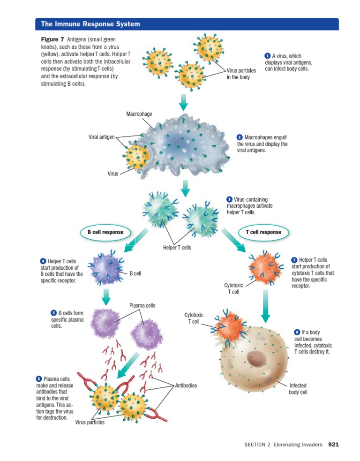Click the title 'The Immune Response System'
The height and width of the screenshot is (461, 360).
click(90, 24)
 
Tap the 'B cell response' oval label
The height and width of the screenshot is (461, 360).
click(105, 232)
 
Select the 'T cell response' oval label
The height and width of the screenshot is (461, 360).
click(263, 232)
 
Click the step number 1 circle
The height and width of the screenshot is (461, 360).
click(268, 56)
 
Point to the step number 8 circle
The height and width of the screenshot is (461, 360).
click(297, 332)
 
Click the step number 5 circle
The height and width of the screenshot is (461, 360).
click(53, 313)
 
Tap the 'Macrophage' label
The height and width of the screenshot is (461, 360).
click(139, 114)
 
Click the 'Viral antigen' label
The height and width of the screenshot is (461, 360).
click(102, 137)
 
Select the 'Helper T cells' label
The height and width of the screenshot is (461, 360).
click(177, 248)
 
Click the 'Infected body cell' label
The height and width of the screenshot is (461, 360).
click(298, 388)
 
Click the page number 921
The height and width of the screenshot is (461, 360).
click(333, 445)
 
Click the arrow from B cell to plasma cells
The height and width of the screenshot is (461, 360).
click(106, 296)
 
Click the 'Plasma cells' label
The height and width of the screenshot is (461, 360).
click(142, 306)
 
